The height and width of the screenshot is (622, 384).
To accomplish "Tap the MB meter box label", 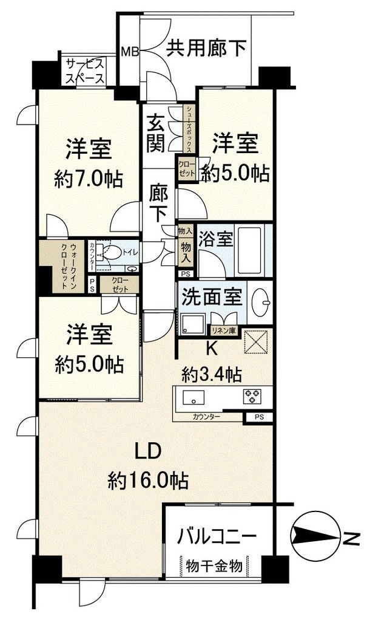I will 129,51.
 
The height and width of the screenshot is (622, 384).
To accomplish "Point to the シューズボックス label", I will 189,129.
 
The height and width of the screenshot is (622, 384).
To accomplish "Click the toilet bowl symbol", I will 113,251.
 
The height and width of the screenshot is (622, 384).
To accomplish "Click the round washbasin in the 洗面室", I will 262,299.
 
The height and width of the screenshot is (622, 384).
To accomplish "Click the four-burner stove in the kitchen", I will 252,396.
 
